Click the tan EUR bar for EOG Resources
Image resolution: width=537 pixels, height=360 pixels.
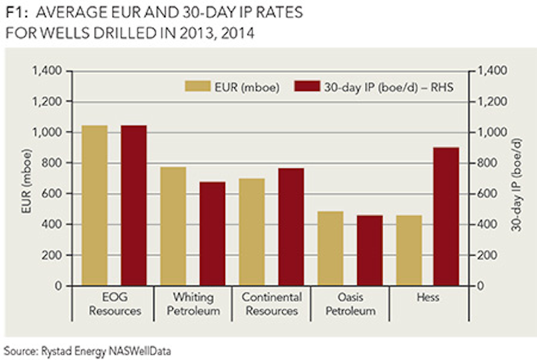click(95, 205)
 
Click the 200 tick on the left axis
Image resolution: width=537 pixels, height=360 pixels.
click(51, 255)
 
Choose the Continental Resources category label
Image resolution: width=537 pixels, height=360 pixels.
click(271, 304)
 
